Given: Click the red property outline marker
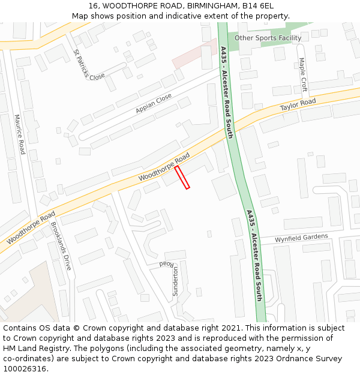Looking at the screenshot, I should [x=182, y=178].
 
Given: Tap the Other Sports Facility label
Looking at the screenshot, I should [x=268, y=38].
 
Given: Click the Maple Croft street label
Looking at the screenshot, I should [x=303, y=74].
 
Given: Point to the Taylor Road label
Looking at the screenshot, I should [x=298, y=105].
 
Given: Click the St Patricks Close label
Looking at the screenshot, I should [x=89, y=65].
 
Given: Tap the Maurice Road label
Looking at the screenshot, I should [x=20, y=134].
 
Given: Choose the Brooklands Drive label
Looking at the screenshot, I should [x=61, y=246].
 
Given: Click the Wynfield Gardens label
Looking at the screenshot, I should [x=301, y=238].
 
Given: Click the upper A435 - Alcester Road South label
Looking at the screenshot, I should [x=226, y=92].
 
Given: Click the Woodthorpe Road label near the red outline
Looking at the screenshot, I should [x=164, y=168].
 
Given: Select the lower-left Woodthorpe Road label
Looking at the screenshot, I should [x=31, y=227].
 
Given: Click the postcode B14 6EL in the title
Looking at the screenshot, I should [x=257, y=6].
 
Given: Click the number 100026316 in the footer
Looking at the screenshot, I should [x=26, y=369].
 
